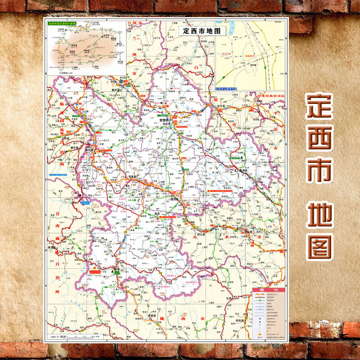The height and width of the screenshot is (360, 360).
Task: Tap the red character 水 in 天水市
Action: [226, 235]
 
